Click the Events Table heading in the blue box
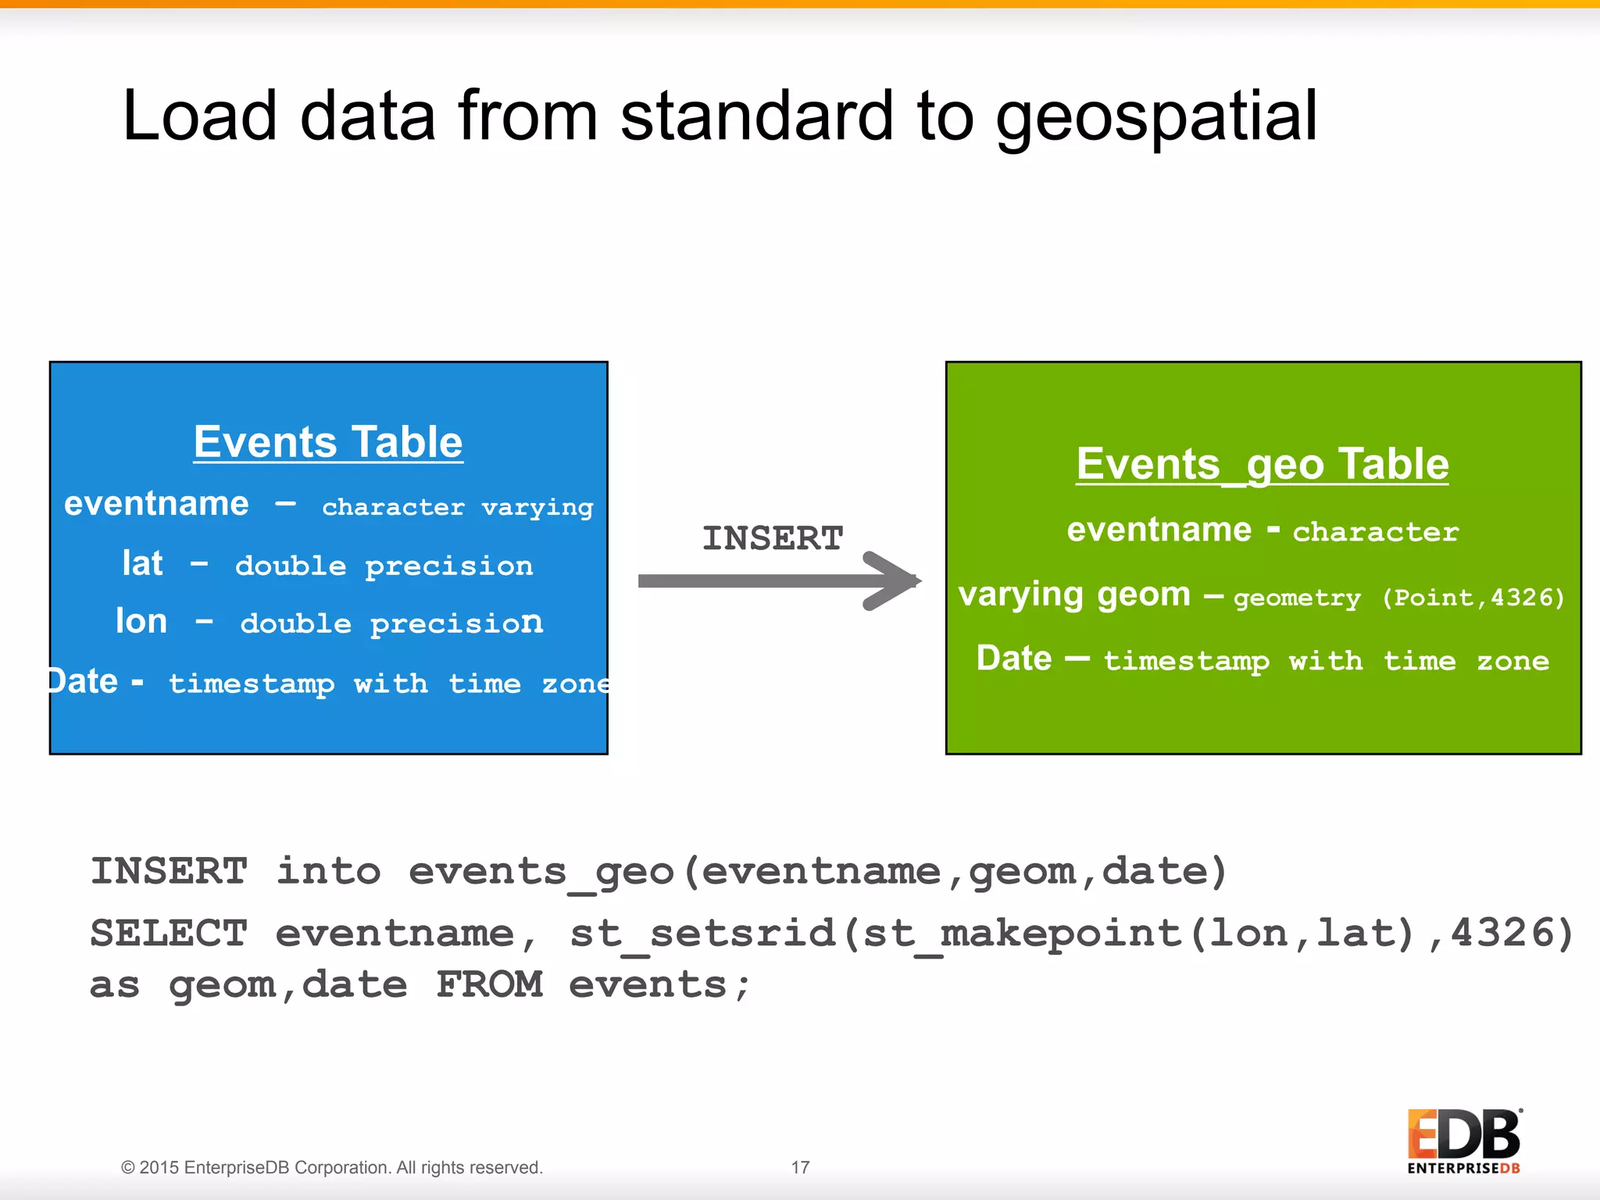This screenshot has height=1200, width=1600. click(x=328, y=442)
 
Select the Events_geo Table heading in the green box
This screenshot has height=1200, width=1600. click(x=1262, y=464)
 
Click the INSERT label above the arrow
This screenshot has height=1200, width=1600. click(x=773, y=538)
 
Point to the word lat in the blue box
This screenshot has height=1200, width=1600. click(x=142, y=563)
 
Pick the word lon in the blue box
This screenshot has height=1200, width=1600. click(x=141, y=622)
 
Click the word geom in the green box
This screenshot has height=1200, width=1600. click(x=1144, y=595)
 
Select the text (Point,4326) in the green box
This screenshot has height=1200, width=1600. click(x=1473, y=598)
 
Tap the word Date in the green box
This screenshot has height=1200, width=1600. click(x=1014, y=659)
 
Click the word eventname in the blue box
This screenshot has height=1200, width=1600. click(x=156, y=504)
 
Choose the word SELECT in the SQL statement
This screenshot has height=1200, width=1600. click(x=169, y=933)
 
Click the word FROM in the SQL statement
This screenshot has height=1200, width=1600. click(x=489, y=984)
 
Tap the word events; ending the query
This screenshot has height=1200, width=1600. click(x=659, y=984)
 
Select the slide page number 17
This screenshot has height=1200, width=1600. click(x=800, y=1167)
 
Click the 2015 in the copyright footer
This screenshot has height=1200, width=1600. click(x=159, y=1167)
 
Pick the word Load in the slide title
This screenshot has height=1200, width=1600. click(x=200, y=117)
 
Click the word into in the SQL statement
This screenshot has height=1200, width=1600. click(x=328, y=871)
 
